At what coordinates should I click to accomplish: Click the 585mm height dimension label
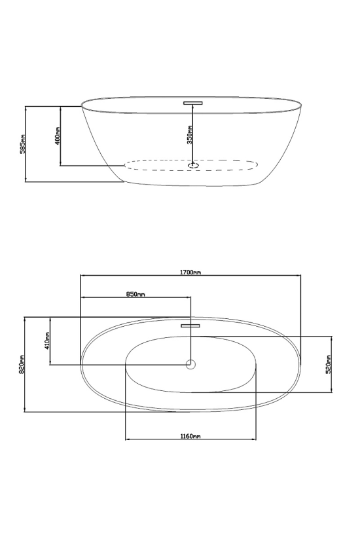(23, 144)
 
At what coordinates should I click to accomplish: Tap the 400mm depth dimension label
(57, 136)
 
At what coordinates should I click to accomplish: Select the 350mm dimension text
(190, 135)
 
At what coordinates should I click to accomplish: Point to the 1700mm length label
(190, 272)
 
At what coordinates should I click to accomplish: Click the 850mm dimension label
(135, 294)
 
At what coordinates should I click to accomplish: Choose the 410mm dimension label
(47, 341)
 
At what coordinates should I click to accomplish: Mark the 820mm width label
(22, 363)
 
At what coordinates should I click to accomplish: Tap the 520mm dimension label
(328, 364)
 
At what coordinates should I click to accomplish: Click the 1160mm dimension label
(190, 436)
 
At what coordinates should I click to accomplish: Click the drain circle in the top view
(190, 364)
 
